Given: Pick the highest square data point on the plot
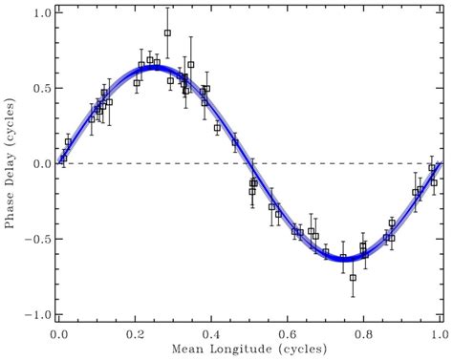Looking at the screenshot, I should click(x=167, y=32).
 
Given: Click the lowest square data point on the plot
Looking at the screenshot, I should click(x=353, y=278).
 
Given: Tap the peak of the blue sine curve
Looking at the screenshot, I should click(x=155, y=67).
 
